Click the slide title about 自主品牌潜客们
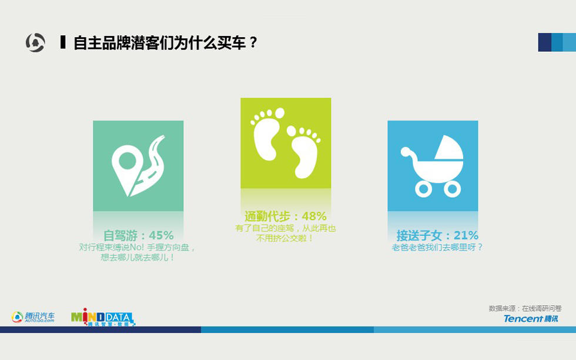click(165, 43)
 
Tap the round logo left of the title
click(35, 42)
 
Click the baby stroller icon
click(433, 166)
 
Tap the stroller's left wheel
click(424, 189)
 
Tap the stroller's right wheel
click(452, 189)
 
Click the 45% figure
click(161, 235)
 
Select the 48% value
click(314, 216)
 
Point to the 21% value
click(466, 235)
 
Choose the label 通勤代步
click(267, 216)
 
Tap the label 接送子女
click(419, 235)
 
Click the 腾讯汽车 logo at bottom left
click(33, 317)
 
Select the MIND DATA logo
click(103, 317)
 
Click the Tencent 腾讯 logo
click(531, 319)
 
